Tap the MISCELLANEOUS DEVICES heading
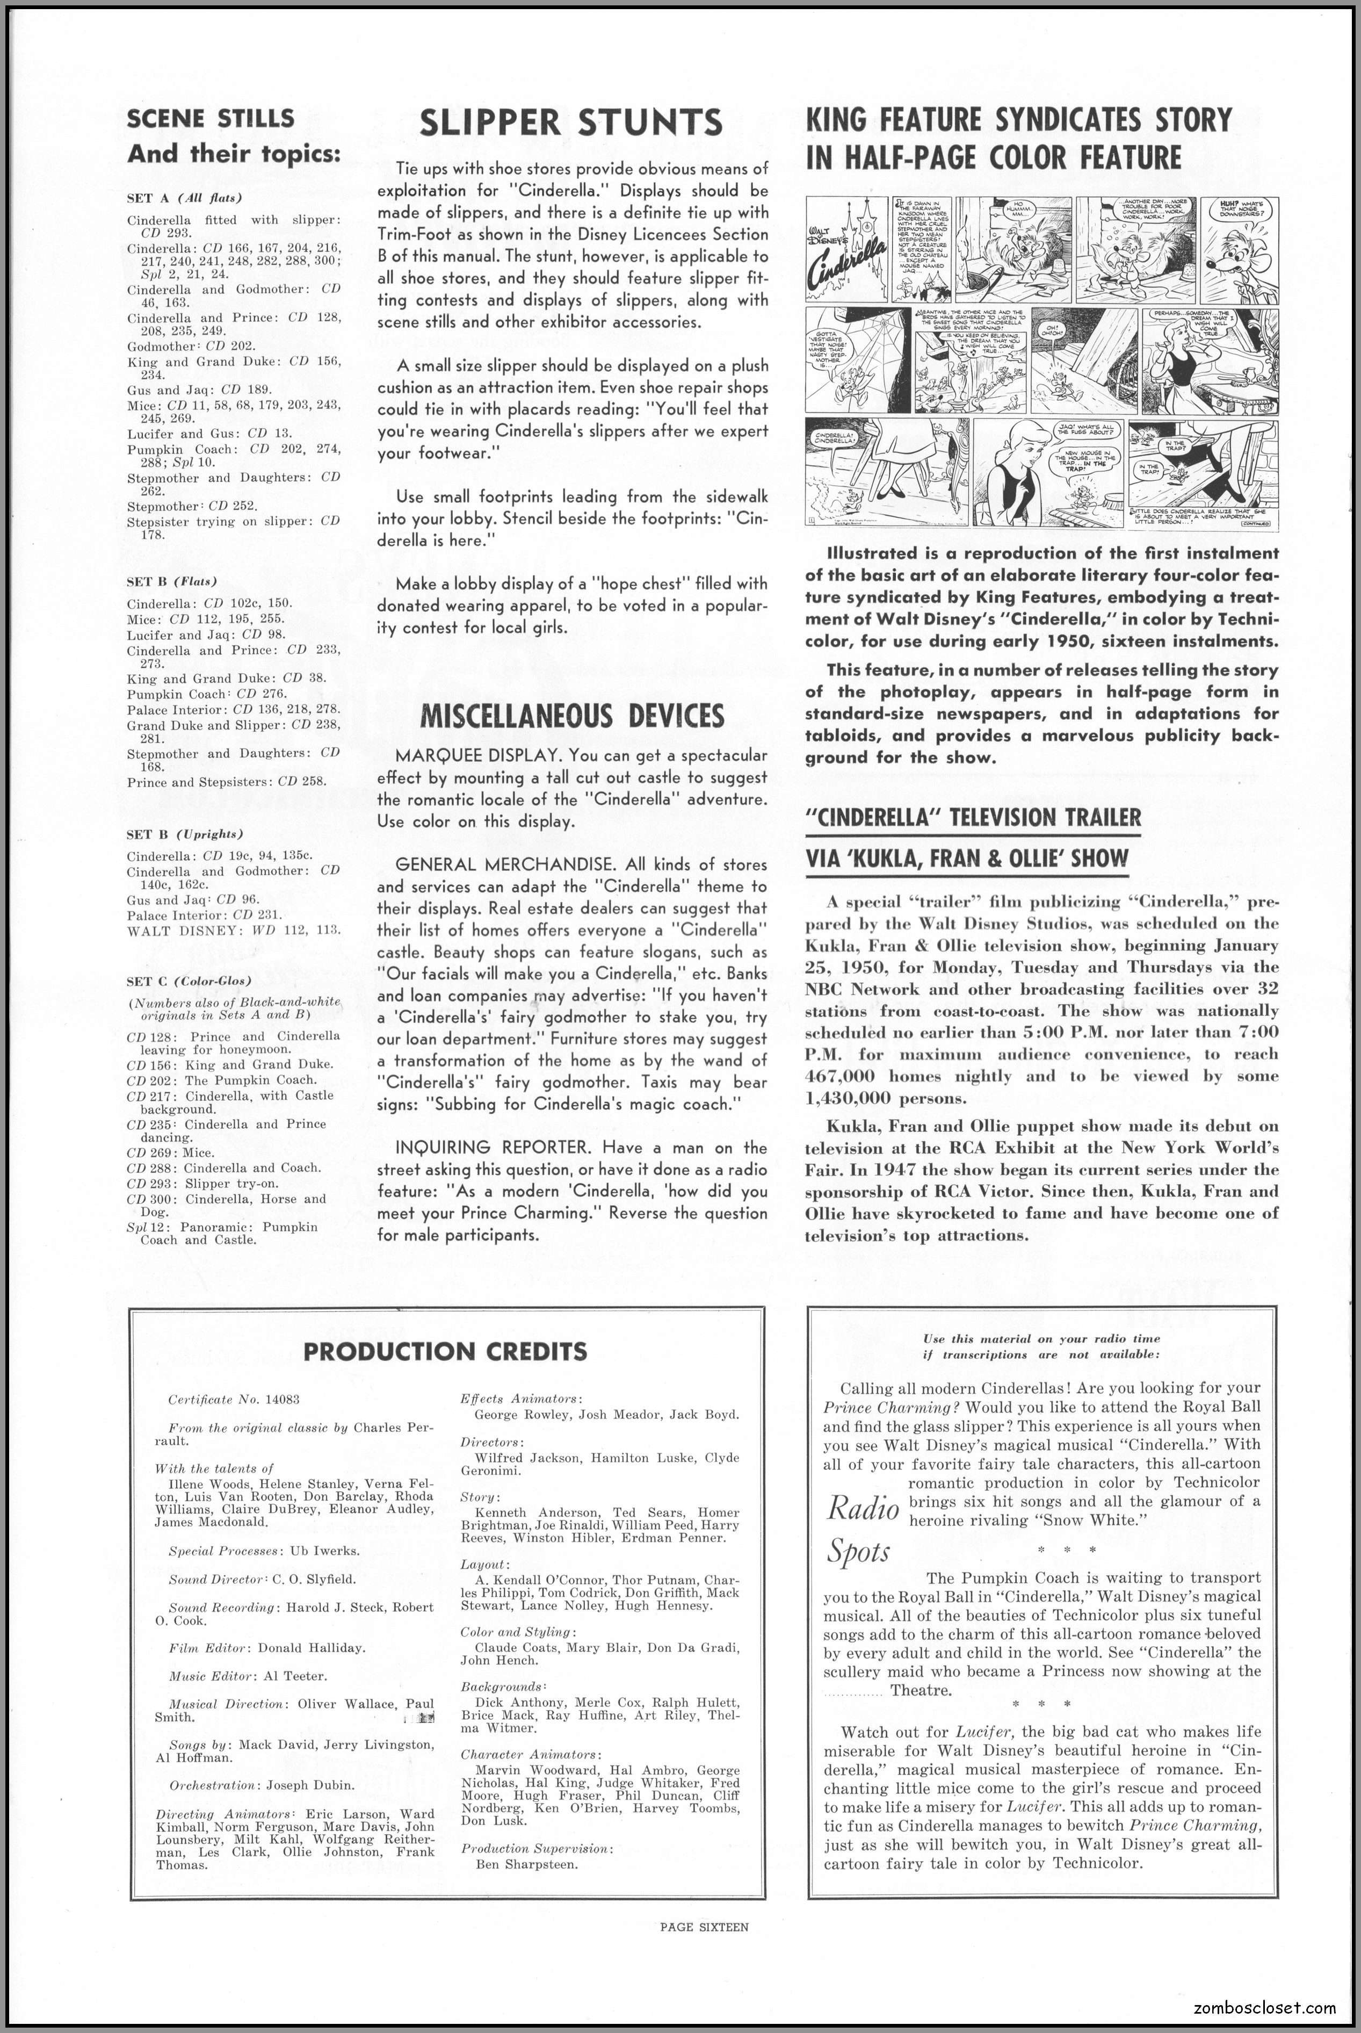[571, 716]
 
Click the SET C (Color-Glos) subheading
[189, 981]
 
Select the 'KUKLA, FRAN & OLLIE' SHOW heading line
[967, 859]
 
